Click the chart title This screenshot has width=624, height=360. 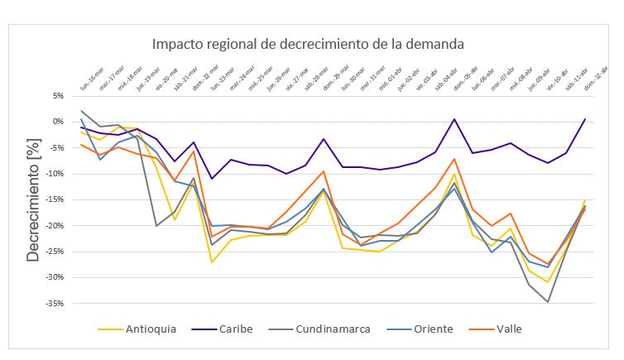307,44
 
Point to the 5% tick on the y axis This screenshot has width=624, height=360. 58,95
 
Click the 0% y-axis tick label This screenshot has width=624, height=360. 58,122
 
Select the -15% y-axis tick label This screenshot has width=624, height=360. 56,199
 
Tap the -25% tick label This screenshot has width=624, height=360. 56,252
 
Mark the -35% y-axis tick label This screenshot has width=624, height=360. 56,304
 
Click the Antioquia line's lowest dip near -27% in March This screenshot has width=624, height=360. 212,262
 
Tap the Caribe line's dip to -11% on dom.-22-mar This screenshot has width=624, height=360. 212,179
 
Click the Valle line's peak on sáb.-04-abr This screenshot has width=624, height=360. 454,158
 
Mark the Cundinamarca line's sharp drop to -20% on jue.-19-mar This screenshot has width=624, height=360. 156,226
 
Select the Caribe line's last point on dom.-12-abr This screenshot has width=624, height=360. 585,118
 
